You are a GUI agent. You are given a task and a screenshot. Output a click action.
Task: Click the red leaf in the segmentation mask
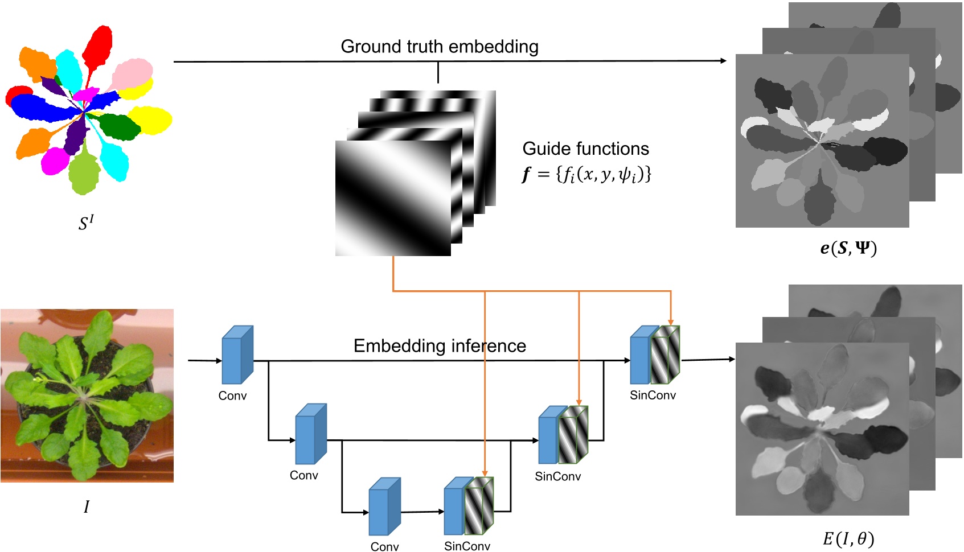pos(99,46)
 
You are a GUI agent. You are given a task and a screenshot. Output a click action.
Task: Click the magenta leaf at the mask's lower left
pos(55,161)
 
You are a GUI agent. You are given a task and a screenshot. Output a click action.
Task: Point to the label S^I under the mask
pos(86,223)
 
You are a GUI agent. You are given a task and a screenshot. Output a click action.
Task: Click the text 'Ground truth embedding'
pos(439,47)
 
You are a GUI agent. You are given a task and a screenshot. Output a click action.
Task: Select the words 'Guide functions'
pos(585,149)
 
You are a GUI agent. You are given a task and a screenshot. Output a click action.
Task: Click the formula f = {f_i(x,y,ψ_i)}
pos(586,174)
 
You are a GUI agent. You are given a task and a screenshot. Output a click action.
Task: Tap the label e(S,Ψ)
pos(848,248)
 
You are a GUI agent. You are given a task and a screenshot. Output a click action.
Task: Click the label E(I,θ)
pos(848,538)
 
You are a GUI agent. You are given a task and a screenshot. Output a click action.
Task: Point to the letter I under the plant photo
pos(87,506)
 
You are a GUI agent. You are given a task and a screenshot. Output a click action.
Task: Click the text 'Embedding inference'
pos(439,346)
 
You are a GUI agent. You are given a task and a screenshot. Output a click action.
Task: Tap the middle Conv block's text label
pos(303,475)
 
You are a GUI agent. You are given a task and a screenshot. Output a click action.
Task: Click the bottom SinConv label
pos(467,546)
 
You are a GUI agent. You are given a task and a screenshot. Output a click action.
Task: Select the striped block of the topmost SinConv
pos(665,356)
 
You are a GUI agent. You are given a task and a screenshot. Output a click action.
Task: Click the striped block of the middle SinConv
pos(573,436)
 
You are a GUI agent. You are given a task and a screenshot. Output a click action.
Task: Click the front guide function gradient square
pos(393,198)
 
